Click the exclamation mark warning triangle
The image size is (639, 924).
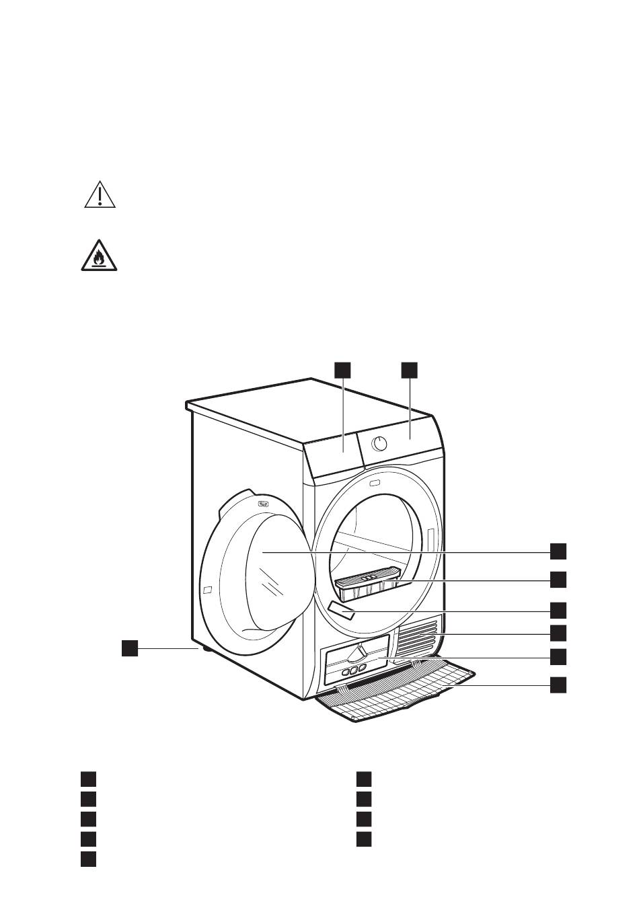click(x=100, y=196)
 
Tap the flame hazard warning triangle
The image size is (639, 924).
click(x=100, y=258)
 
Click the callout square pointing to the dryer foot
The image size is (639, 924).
click(x=130, y=648)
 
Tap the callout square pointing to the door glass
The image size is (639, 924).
click(x=558, y=551)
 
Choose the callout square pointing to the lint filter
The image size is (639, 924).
click(x=558, y=579)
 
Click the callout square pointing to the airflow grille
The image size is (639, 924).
click(x=558, y=632)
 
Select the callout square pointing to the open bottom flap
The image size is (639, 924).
click(x=558, y=685)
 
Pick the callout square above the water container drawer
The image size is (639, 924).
click(x=343, y=369)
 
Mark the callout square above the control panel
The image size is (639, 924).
click(x=410, y=369)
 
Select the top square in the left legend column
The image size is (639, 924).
click(x=88, y=779)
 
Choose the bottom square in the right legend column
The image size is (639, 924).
click(x=364, y=839)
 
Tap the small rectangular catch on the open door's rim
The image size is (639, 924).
click(x=208, y=590)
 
